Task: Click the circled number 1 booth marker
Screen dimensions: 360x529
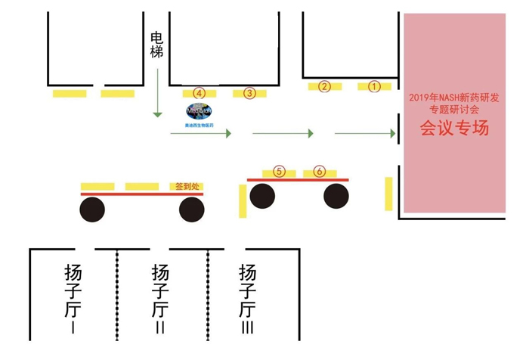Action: (373, 86)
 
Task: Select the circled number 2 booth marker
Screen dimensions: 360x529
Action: (324, 86)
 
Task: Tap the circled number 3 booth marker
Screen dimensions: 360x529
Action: (249, 93)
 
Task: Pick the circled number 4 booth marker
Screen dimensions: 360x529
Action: (199, 92)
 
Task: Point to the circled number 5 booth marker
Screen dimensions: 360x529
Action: (279, 172)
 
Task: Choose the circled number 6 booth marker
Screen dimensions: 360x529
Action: (320, 172)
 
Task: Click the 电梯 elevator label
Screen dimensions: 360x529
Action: (157, 45)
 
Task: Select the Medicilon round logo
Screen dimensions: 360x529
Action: (199, 110)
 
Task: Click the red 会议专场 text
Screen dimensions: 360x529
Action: (454, 128)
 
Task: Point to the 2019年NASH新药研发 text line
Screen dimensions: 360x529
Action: (454, 98)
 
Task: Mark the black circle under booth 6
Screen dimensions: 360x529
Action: (336, 196)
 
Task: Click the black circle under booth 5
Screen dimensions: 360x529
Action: (262, 196)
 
